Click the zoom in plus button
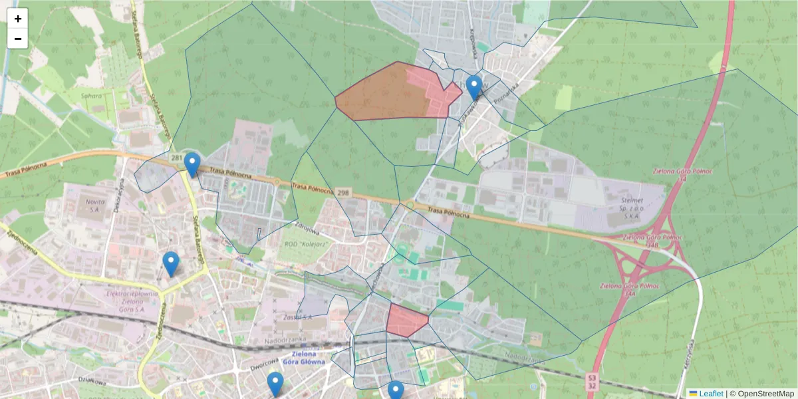[x=18, y=19]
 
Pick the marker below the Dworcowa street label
[x=275, y=384]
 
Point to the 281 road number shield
[x=176, y=158]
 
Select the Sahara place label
[x=91, y=96]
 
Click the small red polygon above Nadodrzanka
[x=406, y=320]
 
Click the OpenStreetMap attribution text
[x=765, y=394]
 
